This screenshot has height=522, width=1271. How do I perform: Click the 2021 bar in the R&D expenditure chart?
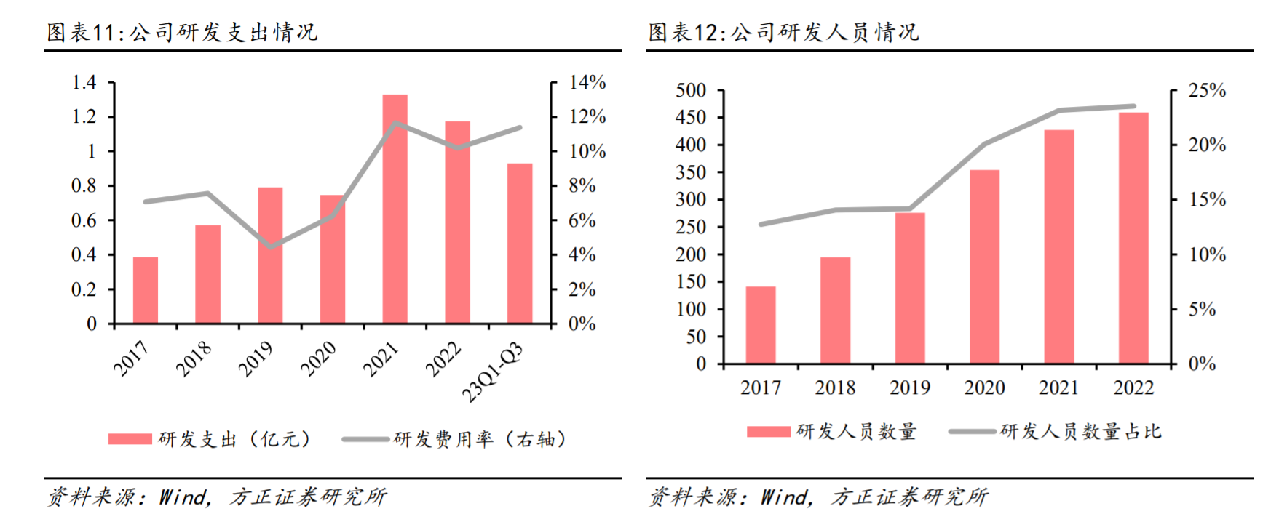click(x=395, y=209)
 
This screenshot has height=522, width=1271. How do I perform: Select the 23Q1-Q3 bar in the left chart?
click(x=520, y=244)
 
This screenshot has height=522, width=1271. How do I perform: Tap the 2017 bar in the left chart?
click(x=146, y=290)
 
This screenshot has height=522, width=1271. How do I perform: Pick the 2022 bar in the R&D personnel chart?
click(x=1133, y=238)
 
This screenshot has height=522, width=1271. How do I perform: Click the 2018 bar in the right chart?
click(x=835, y=310)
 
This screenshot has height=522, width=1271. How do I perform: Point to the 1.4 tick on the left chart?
click(x=84, y=82)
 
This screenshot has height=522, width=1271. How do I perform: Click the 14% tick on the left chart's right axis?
click(x=587, y=82)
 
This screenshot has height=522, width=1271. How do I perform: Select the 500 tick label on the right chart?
click(x=691, y=90)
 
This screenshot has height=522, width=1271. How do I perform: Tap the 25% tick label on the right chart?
click(x=1207, y=90)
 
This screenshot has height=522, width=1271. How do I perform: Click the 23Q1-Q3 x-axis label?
click(x=494, y=372)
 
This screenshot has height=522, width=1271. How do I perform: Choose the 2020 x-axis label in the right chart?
click(x=984, y=388)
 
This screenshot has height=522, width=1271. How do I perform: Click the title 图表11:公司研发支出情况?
click(x=182, y=32)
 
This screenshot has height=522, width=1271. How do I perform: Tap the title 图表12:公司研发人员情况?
click(x=783, y=32)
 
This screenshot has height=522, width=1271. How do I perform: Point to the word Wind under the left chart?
click(x=183, y=497)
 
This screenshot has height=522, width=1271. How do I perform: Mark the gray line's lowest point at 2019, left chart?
click(x=271, y=247)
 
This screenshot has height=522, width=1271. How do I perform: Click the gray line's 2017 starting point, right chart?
click(x=761, y=225)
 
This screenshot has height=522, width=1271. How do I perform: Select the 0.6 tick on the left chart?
click(x=84, y=220)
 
